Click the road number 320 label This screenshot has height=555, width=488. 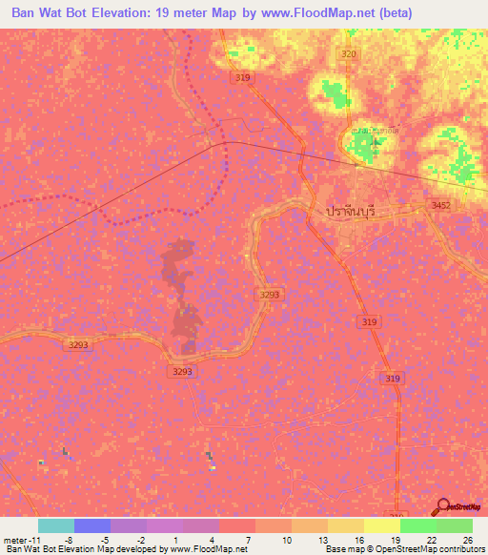[349, 55]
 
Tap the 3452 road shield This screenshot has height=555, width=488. [439, 205]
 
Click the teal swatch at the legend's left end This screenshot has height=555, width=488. [56, 525]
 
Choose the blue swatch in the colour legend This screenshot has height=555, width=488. [92, 525]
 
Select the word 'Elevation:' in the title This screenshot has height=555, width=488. [112, 13]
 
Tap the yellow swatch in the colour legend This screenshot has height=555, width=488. [382, 525]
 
